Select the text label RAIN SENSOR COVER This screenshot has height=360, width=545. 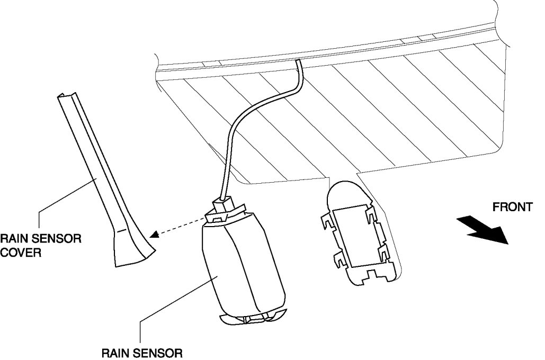(x=40, y=245)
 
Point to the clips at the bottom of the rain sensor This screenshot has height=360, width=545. (x=253, y=318)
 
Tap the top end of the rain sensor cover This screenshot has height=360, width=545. (x=65, y=97)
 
